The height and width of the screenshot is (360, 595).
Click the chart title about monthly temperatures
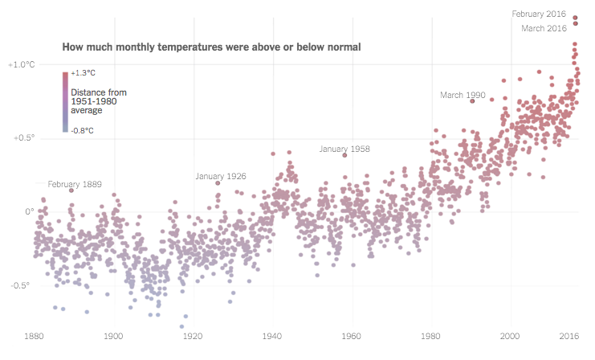(x=211, y=47)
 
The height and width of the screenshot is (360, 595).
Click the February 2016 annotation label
(x=540, y=14)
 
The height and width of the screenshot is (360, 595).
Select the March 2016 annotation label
(x=544, y=29)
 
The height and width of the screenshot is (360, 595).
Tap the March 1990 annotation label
(x=463, y=96)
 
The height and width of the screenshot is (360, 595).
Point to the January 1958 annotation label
(x=344, y=149)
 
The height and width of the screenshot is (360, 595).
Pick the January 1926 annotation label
(x=221, y=176)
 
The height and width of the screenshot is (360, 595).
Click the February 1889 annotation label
(x=75, y=184)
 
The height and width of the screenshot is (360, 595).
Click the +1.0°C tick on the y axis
(x=22, y=64)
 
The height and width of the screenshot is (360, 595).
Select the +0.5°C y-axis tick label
(x=22, y=138)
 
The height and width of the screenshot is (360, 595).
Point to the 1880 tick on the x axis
(x=35, y=335)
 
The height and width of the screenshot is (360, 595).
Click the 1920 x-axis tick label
(x=193, y=335)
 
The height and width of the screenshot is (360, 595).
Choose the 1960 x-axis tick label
(x=352, y=335)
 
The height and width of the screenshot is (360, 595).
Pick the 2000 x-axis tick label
(x=510, y=335)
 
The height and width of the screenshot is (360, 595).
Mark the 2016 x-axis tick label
(x=569, y=335)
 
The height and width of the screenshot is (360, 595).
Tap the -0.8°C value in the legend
(x=82, y=130)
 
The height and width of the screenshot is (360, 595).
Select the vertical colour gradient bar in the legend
(x=65, y=101)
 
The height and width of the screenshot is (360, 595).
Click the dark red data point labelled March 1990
(x=472, y=100)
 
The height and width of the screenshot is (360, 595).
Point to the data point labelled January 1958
(x=344, y=155)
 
